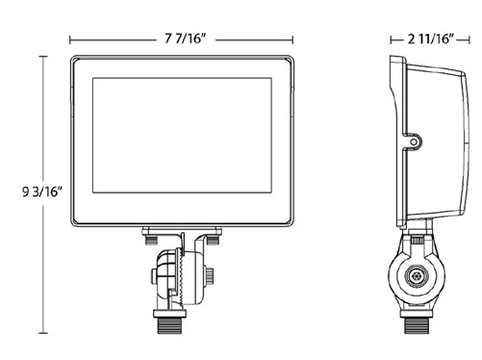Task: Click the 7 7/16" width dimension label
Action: click(x=182, y=39)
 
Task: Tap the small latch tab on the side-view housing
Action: click(x=414, y=142)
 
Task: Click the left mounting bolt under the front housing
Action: click(x=150, y=233)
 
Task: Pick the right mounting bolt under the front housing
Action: click(x=214, y=233)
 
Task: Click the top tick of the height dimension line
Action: click(x=40, y=56)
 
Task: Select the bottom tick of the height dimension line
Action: click(x=40, y=333)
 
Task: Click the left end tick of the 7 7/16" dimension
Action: click(x=70, y=39)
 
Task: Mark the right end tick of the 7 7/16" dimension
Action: click(x=294, y=39)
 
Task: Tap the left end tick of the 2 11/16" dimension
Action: click(x=390, y=39)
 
